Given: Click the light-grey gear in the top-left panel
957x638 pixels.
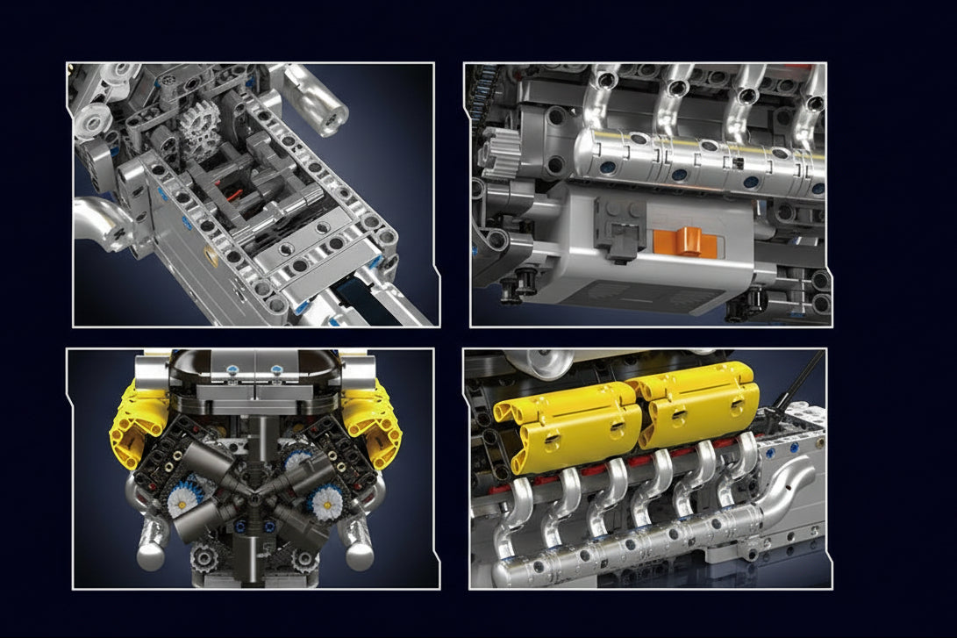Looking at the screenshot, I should point(202,131).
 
